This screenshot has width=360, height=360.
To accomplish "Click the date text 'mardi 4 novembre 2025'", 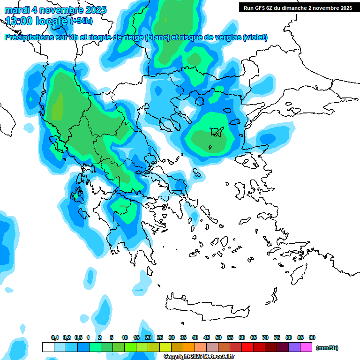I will [x=55, y=10].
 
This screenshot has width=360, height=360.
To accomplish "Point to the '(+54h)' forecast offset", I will [x=81, y=21].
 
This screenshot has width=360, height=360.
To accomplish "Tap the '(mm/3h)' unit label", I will [x=327, y=348].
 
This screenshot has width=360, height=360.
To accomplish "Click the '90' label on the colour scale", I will [x=312, y=337].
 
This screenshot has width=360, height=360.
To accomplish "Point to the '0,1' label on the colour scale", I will [x=55, y=337].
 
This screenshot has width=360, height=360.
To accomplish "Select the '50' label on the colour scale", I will [x=218, y=337].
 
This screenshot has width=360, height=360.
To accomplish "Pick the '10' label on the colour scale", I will [x=125, y=337].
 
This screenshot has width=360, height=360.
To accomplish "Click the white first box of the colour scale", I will [x=48, y=347].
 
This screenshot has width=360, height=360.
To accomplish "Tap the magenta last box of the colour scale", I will [x=306, y=347].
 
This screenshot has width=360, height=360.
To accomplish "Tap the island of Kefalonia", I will [x=76, y=194].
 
